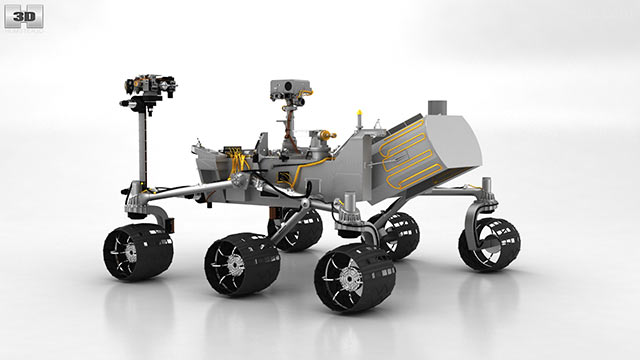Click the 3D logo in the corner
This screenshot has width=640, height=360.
point(24,17)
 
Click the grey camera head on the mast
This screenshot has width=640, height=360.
point(290,89)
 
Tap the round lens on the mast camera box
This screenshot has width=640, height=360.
point(288,86)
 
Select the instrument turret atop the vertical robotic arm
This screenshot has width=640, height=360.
point(150,87)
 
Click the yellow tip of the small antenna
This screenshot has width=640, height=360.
point(359,112)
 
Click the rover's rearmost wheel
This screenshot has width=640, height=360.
point(489,244)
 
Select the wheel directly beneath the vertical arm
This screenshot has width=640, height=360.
point(138,252)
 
